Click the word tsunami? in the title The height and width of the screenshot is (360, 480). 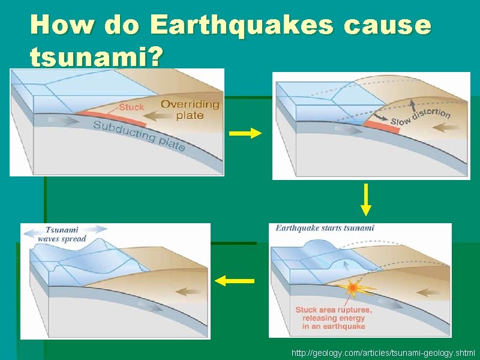click(95, 57)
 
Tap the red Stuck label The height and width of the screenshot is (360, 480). click(131, 107)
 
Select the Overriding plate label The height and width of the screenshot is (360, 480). click(190, 109)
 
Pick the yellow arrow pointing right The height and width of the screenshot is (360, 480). click(245, 134)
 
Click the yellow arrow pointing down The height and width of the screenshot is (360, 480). click(365, 200)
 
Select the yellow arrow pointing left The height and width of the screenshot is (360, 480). click(234, 280)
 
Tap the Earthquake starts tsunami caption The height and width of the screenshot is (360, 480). click(325, 228)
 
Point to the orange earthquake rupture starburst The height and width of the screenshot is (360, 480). click(353, 289)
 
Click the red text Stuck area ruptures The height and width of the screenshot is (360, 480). click(334, 310)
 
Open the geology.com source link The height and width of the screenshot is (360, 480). click(382, 353)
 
